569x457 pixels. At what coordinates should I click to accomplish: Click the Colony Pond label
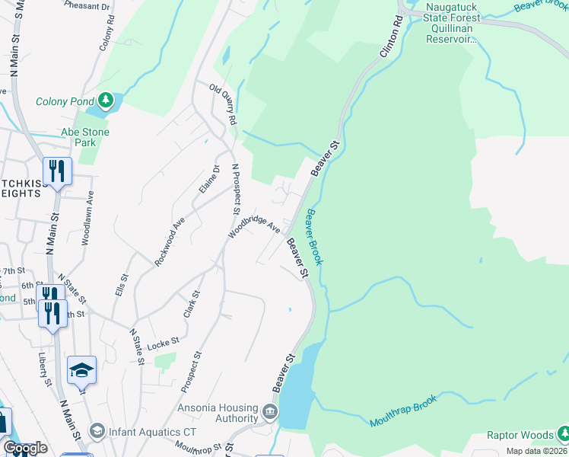[64, 101]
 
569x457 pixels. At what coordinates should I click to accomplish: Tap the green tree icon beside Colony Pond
[106, 101]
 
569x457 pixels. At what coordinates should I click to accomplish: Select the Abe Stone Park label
[85, 137]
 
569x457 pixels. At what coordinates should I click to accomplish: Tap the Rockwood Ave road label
[170, 241]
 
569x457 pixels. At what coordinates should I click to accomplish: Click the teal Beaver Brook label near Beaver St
[314, 238]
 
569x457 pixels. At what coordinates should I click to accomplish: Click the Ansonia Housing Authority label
[218, 413]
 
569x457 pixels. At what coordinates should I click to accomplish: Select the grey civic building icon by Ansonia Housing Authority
[270, 414]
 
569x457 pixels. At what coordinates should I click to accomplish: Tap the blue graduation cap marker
[81, 371]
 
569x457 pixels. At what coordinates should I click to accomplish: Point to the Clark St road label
[191, 303]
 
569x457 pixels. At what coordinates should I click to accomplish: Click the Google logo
[25, 448]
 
